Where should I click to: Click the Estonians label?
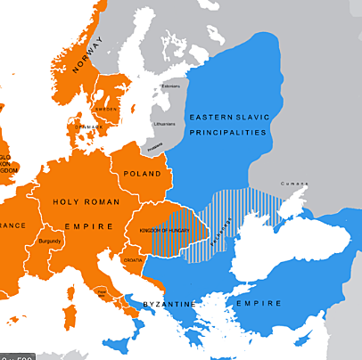pos(169,86)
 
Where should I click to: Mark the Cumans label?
pos(293,184)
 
